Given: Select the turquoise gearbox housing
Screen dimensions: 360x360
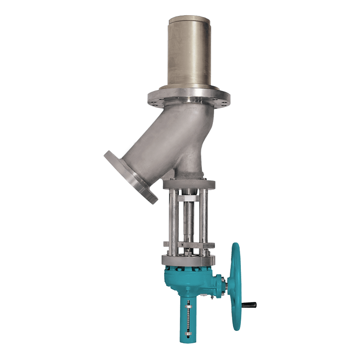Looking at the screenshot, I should (x=188, y=282).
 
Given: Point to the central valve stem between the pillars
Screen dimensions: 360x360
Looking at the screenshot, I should (x=188, y=224).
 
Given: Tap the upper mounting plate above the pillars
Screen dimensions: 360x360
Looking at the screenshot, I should (x=189, y=184).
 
